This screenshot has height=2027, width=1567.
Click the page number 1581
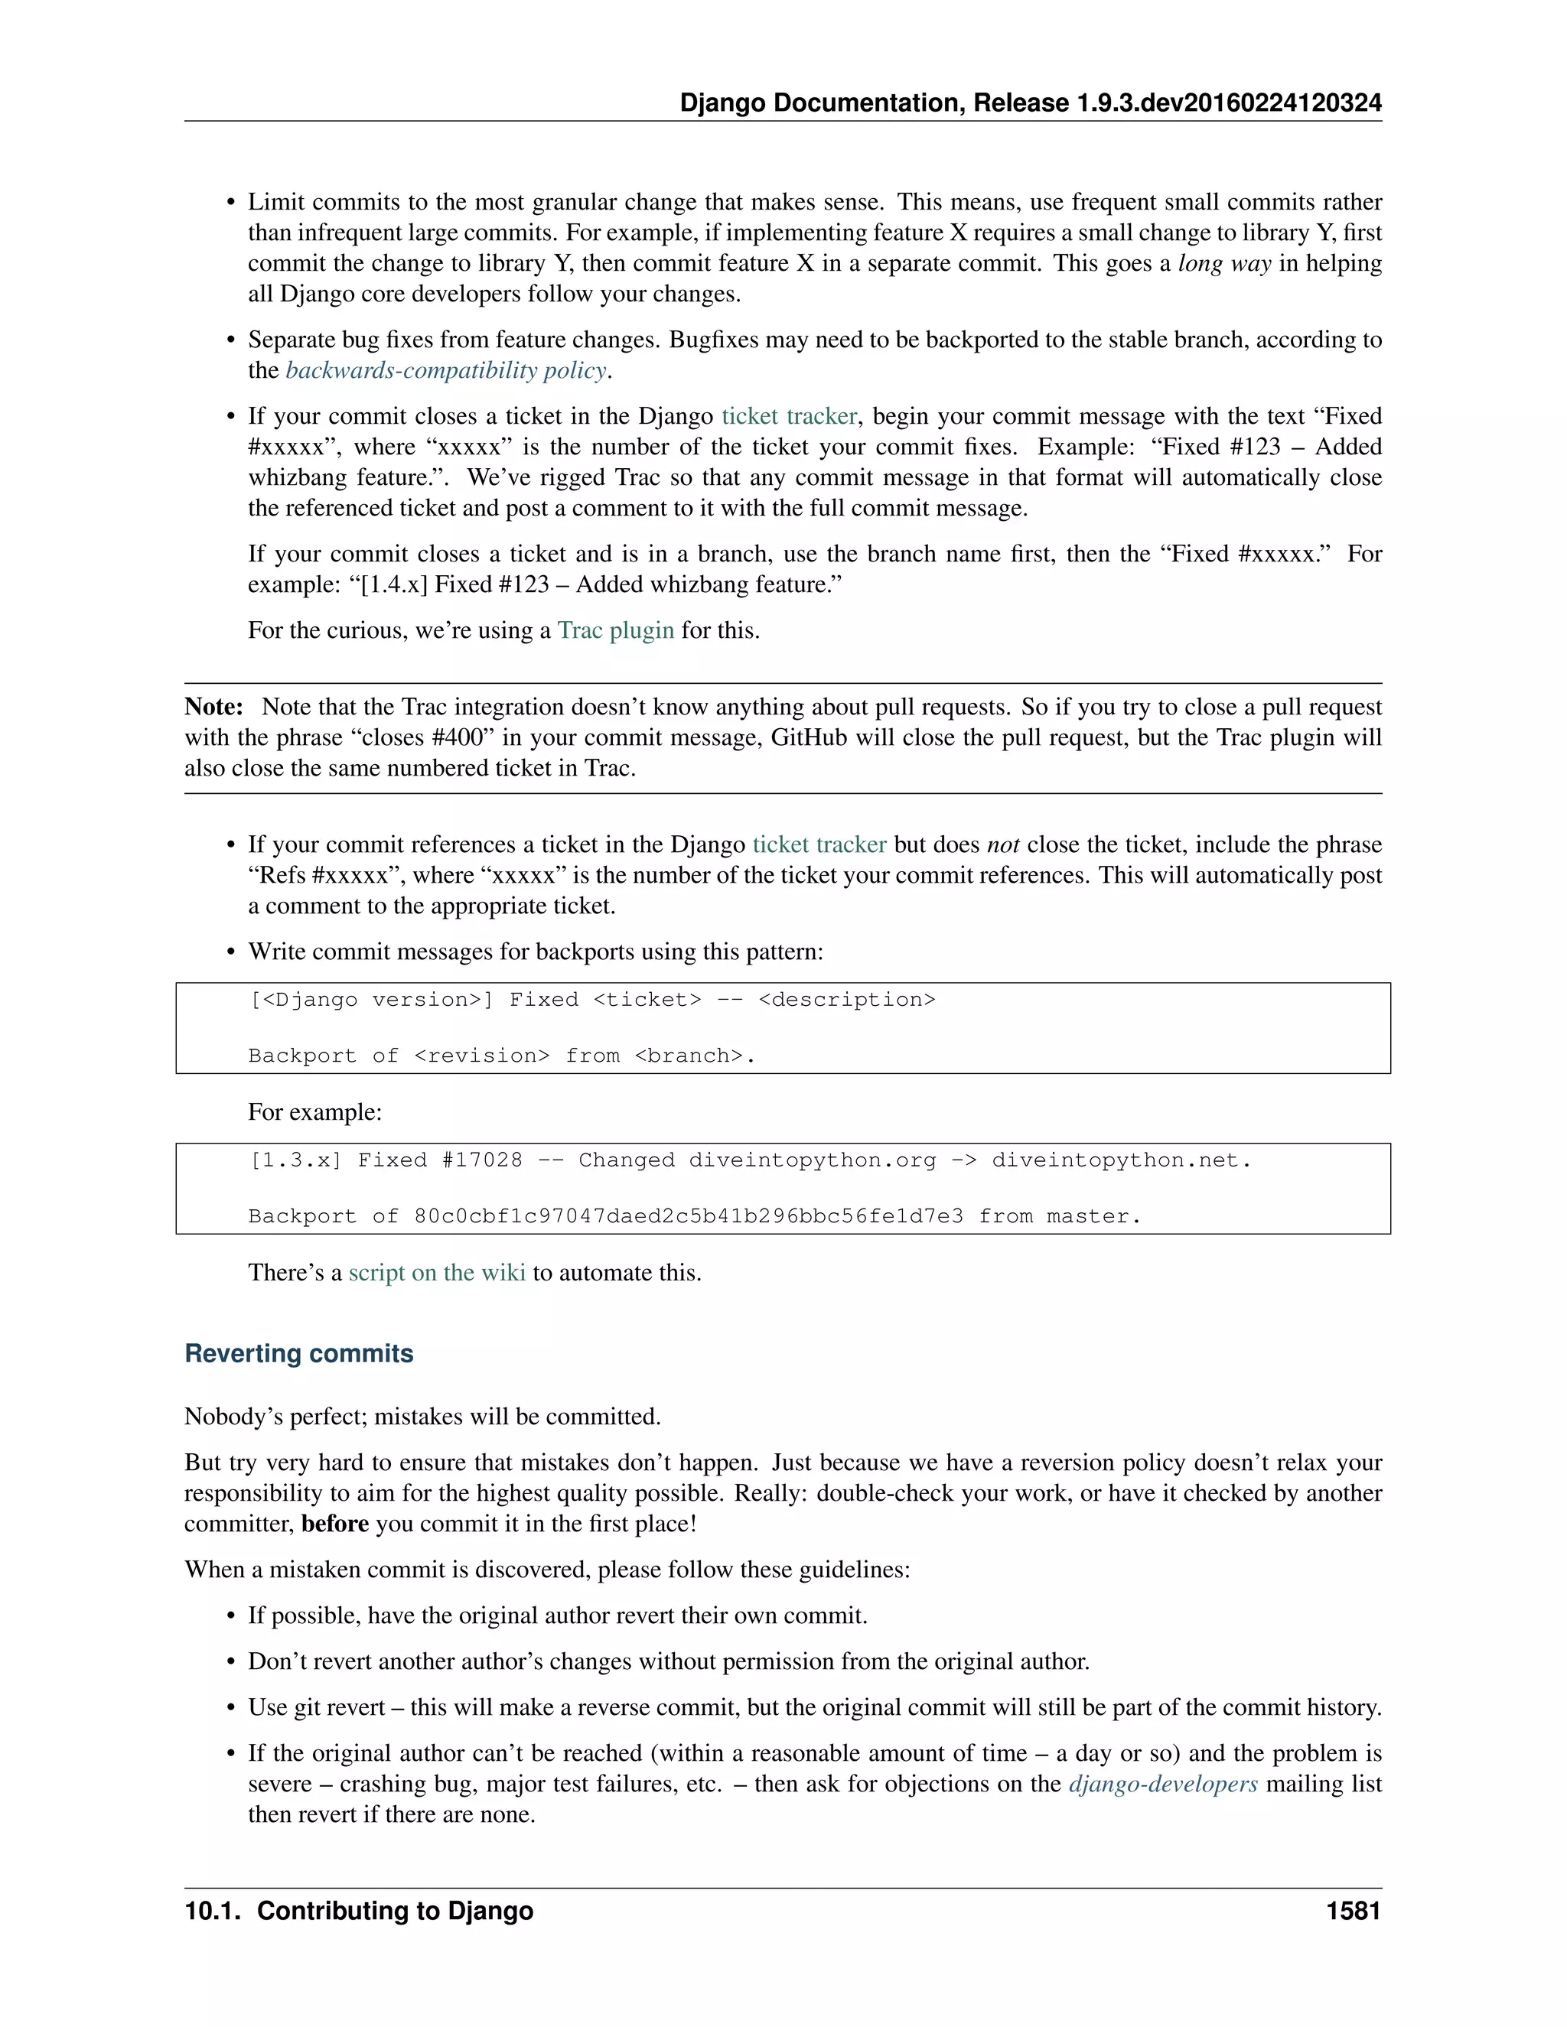tap(1353, 1911)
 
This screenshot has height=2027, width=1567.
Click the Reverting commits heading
tap(299, 1353)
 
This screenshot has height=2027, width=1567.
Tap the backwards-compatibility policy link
tap(445, 370)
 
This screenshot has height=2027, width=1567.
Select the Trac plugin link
tap(615, 630)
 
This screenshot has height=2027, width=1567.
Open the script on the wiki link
tap(436, 1273)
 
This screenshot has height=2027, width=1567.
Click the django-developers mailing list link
tap(1163, 1784)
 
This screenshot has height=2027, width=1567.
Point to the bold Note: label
tap(213, 708)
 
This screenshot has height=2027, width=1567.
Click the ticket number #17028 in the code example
tap(482, 1160)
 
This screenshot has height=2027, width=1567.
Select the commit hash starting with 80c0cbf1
tap(688, 1216)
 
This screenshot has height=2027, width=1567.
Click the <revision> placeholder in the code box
tap(482, 1056)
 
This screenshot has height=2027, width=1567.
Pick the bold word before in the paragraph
tap(335, 1524)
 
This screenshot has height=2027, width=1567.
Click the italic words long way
tap(1223, 264)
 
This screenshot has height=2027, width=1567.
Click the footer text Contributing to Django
tap(395, 1911)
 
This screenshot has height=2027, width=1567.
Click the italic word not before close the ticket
tap(1002, 844)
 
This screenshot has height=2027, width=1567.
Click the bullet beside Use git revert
tap(231, 1708)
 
